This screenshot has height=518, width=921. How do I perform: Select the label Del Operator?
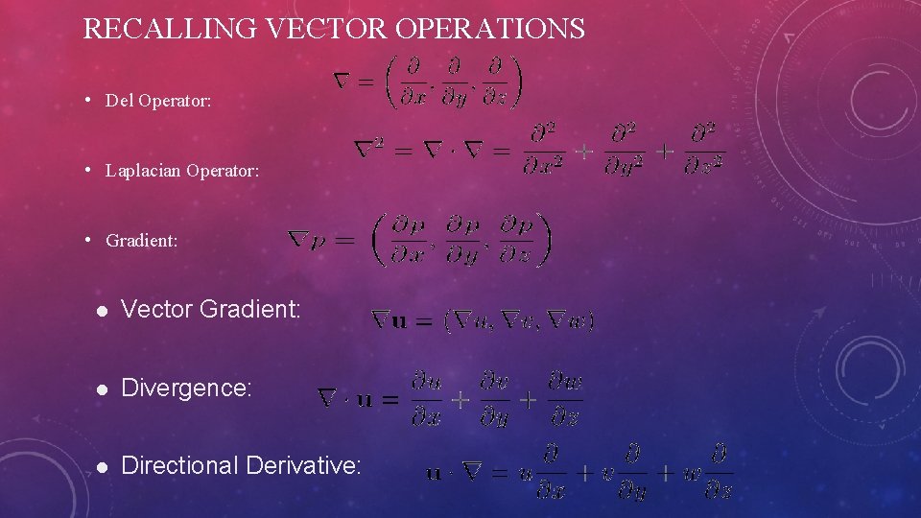coord(157,100)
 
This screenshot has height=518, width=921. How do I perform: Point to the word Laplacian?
coord(144,171)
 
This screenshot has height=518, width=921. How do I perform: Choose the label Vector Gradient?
coord(211,309)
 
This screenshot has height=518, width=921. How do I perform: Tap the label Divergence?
coord(187,388)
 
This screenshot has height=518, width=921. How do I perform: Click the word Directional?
coord(180,466)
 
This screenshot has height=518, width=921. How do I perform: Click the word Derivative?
coord(304,466)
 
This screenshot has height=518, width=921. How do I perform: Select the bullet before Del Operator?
coord(87,99)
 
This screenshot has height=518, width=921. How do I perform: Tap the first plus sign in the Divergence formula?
coord(460,399)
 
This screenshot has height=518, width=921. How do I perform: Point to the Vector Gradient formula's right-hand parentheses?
coord(519,321)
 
